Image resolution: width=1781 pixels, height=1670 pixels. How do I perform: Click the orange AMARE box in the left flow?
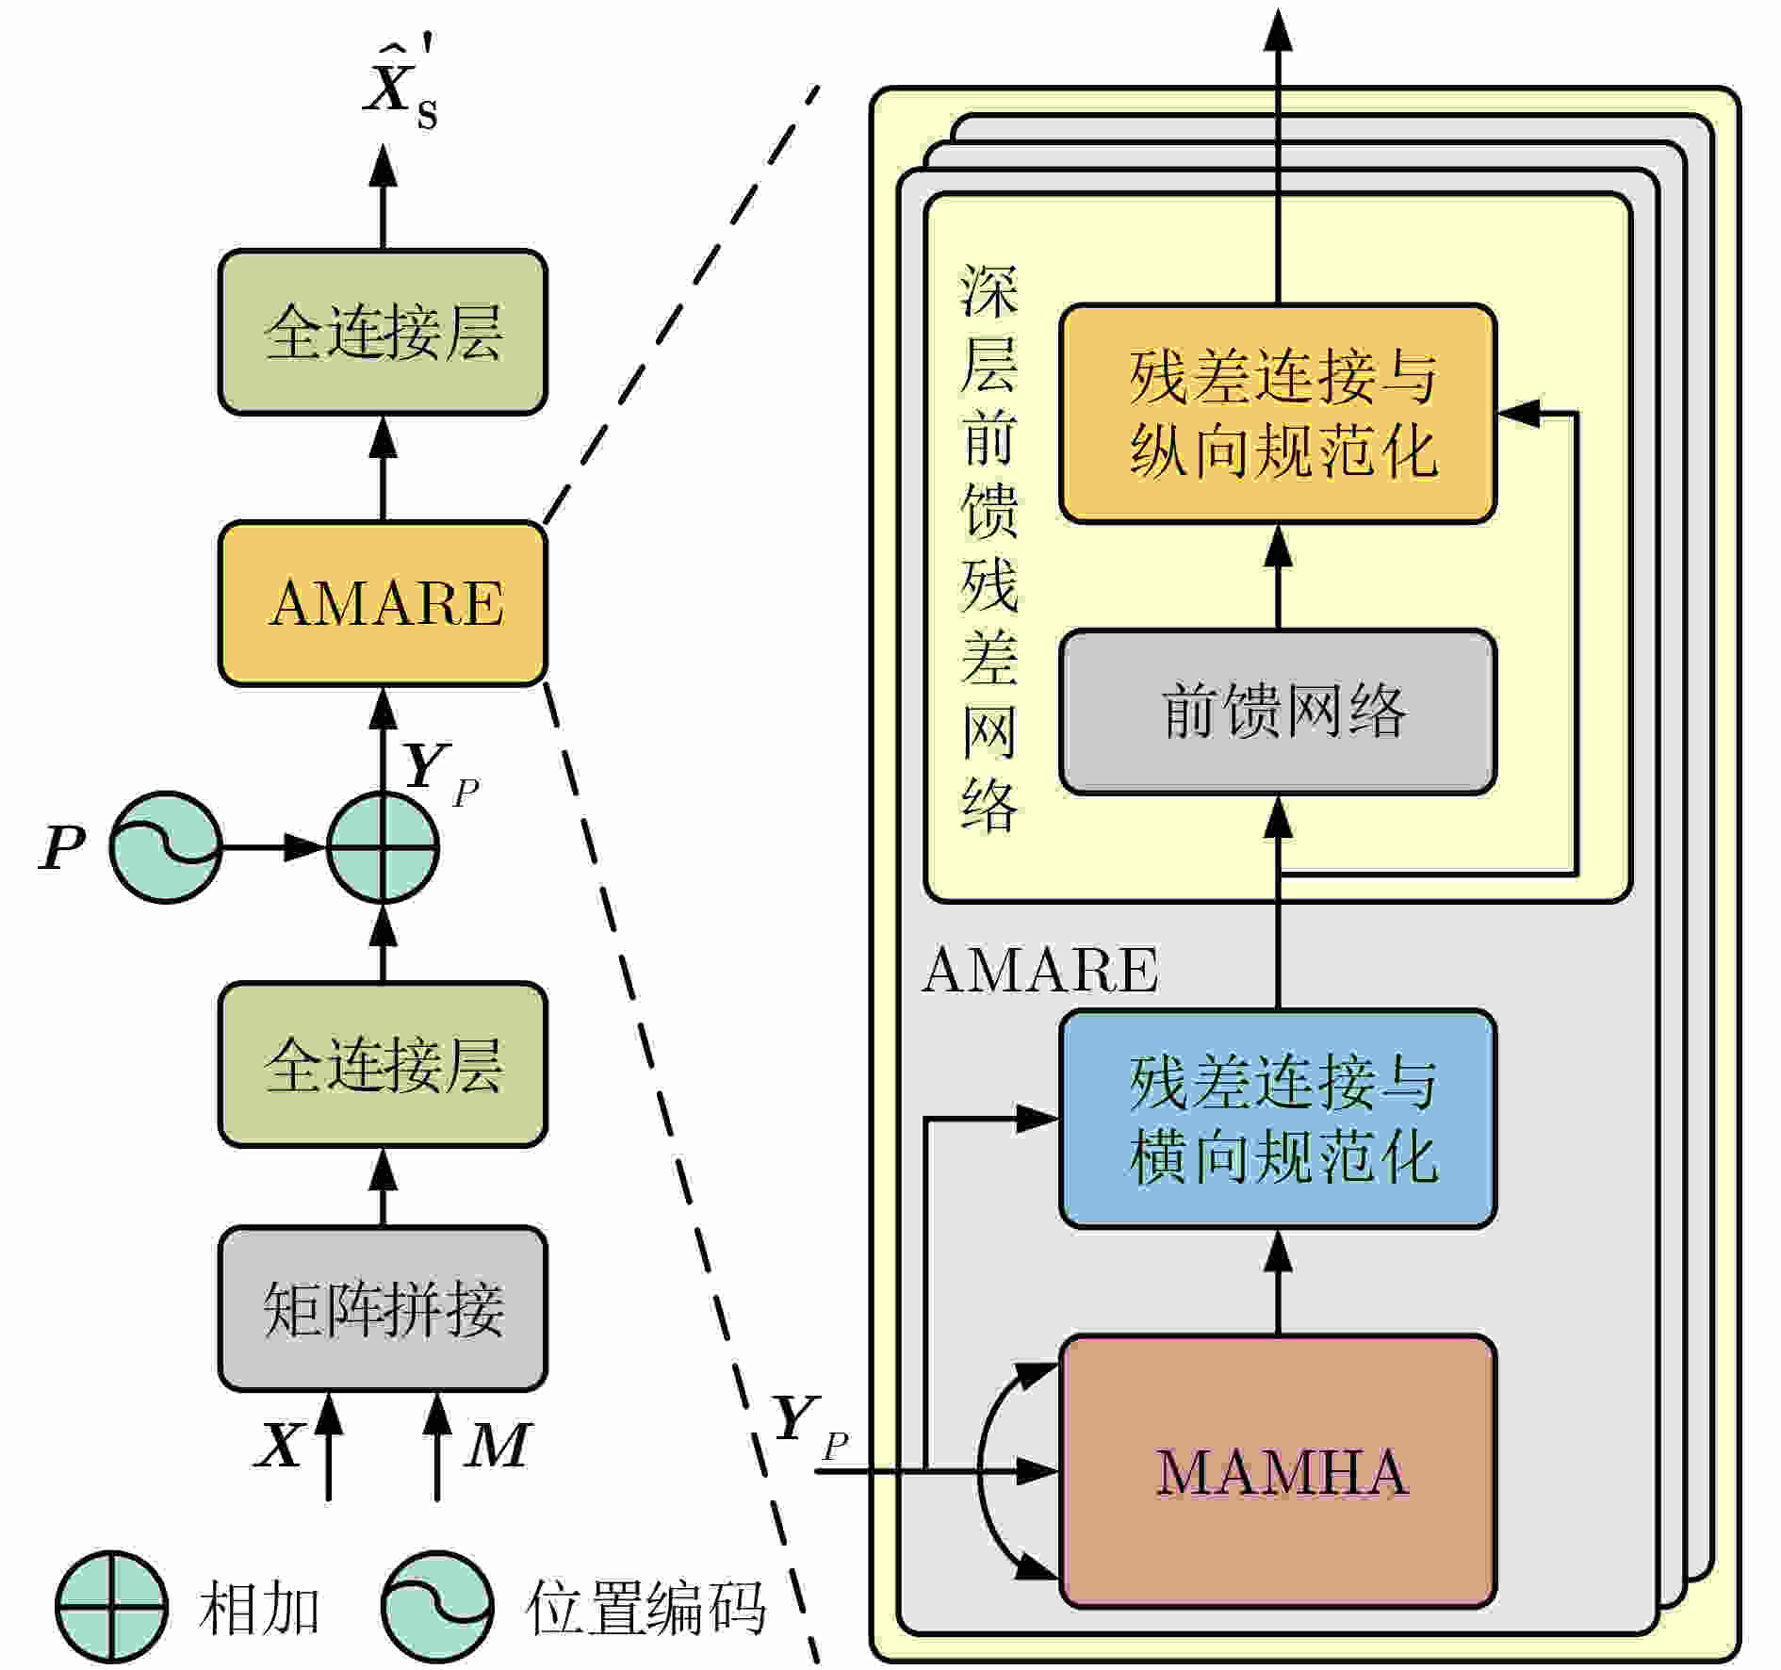pyautogui.click(x=383, y=603)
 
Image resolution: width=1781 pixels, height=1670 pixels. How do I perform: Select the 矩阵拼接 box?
pyautogui.click(x=383, y=1309)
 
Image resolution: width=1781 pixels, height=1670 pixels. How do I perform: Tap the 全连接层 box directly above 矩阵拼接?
pyautogui.click(x=383, y=1065)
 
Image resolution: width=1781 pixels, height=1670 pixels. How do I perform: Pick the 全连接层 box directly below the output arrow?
pyautogui.click(x=383, y=332)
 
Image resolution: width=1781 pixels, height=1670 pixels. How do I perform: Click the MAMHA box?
pyautogui.click(x=1278, y=1471)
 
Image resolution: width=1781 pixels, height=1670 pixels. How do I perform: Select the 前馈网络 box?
pyautogui.click(x=1278, y=712)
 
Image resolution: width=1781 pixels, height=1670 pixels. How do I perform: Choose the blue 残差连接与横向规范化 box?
pyautogui.click(x=1278, y=1119)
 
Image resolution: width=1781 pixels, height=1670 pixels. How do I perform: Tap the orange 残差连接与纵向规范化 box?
pyautogui.click(x=1278, y=413)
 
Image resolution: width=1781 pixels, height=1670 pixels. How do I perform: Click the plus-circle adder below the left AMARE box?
pyautogui.click(x=383, y=847)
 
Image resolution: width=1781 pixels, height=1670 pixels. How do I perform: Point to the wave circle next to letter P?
pyautogui.click(x=166, y=847)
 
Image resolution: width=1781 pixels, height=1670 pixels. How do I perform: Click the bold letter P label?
pyautogui.click(x=62, y=847)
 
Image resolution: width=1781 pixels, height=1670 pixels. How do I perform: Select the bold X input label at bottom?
pyautogui.click(x=280, y=1445)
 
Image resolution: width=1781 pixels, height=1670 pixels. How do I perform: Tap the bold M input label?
pyautogui.click(x=498, y=1445)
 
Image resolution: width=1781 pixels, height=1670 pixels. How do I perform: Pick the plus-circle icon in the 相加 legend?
pyautogui.click(x=112, y=1607)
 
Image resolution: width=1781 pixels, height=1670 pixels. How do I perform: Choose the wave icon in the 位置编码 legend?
pyautogui.click(x=437, y=1607)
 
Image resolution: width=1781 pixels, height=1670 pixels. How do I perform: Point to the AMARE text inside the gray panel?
pyautogui.click(x=1040, y=970)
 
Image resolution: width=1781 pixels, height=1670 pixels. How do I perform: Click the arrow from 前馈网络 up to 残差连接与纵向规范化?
pyautogui.click(x=1278, y=577)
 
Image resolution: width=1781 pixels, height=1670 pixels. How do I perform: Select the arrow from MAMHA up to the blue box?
pyautogui.click(x=1278, y=1282)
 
